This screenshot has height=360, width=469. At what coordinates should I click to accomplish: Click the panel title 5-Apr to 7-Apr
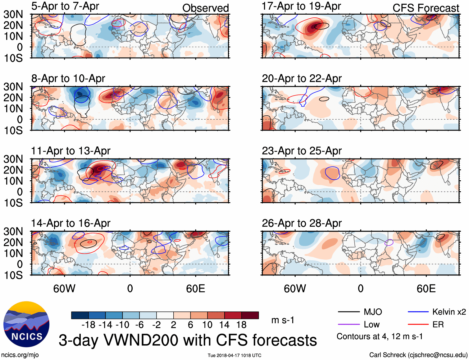(65, 6)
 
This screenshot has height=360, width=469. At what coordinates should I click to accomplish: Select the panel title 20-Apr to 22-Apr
(302, 79)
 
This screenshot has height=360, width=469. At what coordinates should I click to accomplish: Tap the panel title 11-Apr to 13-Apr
(71, 151)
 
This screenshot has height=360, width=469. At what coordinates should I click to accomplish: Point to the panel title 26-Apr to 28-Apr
(302, 224)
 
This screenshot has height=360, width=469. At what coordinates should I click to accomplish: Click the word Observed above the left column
(205, 8)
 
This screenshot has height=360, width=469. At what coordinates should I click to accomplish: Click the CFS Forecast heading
(426, 8)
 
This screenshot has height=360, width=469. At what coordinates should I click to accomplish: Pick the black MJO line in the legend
(348, 312)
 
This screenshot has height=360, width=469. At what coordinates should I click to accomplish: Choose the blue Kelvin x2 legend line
(418, 312)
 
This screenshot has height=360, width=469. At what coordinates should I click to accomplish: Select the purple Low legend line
(348, 325)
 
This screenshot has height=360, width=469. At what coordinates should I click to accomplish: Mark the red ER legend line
(418, 325)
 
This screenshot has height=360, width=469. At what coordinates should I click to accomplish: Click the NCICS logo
(26, 324)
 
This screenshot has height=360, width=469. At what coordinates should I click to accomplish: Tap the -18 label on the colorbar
(89, 325)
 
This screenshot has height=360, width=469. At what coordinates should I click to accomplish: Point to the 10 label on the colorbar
(207, 325)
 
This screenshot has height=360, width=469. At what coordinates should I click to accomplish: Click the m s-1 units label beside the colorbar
(283, 320)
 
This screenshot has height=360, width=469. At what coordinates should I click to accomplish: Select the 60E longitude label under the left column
(195, 289)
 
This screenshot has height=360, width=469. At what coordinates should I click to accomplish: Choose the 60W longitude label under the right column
(295, 289)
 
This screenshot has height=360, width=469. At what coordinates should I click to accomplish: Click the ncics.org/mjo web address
(20, 355)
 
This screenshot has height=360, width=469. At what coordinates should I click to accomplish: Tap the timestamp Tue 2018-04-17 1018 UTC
(234, 355)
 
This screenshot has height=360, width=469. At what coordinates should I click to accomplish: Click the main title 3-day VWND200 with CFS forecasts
(188, 340)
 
